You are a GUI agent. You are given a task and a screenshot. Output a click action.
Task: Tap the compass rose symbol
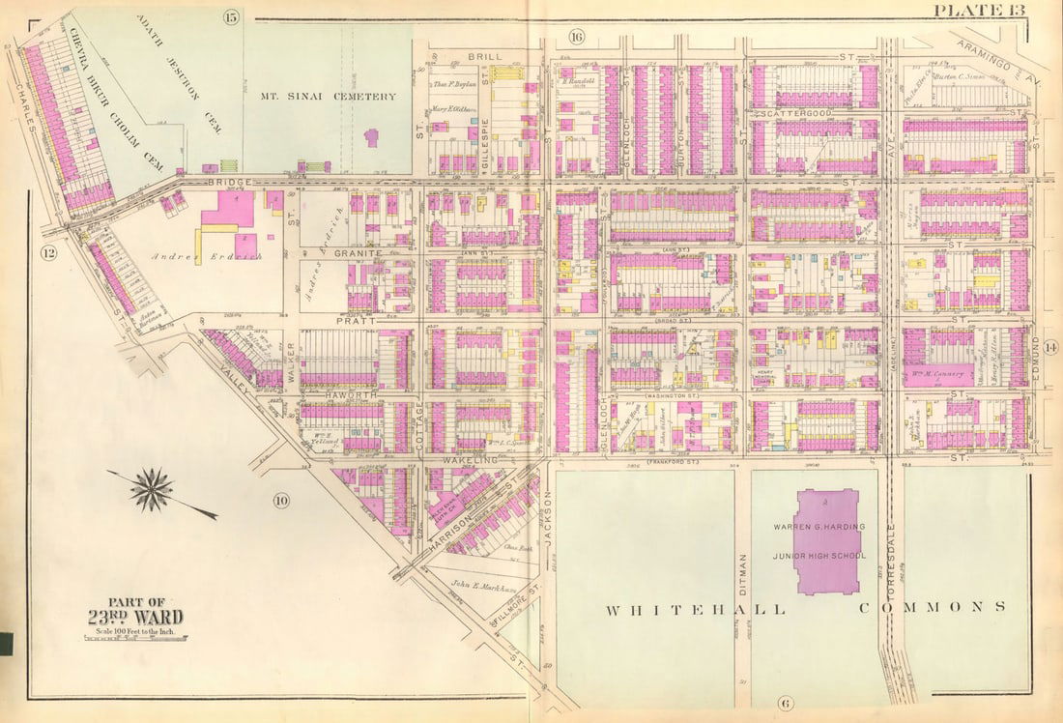(152, 489)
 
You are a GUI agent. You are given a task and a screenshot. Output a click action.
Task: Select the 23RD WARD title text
(135, 617)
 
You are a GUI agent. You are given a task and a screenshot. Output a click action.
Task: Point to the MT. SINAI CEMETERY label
(329, 97)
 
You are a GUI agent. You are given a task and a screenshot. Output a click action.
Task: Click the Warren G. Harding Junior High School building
(826, 541)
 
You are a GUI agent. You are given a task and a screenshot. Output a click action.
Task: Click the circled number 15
(230, 16)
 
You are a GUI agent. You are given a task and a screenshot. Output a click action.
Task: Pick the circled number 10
(280, 500)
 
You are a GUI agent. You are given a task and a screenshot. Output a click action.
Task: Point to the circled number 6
(784, 703)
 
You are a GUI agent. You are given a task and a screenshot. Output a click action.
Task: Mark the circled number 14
(1050, 349)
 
